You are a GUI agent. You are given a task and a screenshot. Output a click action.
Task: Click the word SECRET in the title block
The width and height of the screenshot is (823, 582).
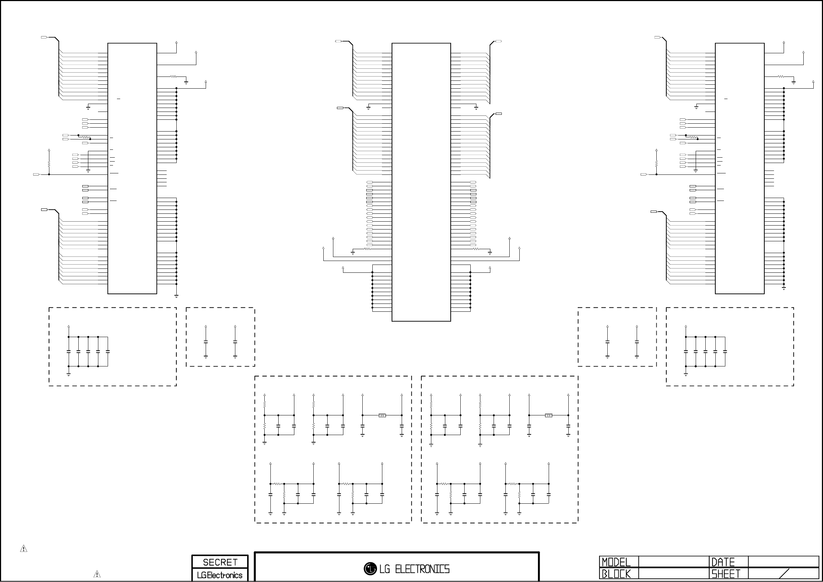[220, 562]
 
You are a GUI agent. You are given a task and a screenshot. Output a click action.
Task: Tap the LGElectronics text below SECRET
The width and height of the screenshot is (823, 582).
[220, 575]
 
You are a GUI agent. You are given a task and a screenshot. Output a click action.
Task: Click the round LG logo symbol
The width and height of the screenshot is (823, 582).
[370, 568]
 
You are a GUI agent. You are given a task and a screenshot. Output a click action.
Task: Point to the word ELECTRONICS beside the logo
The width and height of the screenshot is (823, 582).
[422, 569]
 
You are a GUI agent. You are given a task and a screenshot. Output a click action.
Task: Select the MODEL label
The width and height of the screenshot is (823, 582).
[616, 562]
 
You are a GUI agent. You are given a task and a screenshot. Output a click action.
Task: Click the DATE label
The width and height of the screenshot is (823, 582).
[723, 562]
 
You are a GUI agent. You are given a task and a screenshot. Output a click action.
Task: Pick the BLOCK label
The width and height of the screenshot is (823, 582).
[616, 574]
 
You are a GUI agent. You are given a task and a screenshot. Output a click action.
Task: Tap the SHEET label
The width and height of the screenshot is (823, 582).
[726, 574]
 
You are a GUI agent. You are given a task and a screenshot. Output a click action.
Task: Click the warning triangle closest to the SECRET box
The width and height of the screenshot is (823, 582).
[97, 574]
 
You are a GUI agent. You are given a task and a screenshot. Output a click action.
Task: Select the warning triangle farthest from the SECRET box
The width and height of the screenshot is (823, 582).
[24, 548]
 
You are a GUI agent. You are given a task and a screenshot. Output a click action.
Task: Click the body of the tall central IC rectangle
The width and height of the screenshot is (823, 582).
[421, 182]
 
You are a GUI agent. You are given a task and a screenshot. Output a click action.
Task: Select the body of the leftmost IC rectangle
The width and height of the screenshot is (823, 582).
[132, 168]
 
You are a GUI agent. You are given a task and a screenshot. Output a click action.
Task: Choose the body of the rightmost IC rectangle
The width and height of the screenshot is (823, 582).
[740, 168]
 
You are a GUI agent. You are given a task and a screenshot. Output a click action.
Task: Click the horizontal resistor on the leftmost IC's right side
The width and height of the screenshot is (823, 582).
[173, 77]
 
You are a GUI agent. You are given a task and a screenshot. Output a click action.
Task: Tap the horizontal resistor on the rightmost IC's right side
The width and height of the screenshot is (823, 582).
[781, 77]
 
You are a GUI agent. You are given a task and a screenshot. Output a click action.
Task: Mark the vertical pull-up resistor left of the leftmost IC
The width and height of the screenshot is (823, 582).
[49, 163]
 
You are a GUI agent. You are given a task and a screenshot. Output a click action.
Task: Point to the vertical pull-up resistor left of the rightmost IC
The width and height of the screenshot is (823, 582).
[657, 163]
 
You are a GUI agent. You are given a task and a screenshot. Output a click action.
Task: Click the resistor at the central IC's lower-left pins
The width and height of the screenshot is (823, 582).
[367, 249]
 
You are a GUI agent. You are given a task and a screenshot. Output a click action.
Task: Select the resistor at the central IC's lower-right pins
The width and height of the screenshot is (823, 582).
[476, 249]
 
